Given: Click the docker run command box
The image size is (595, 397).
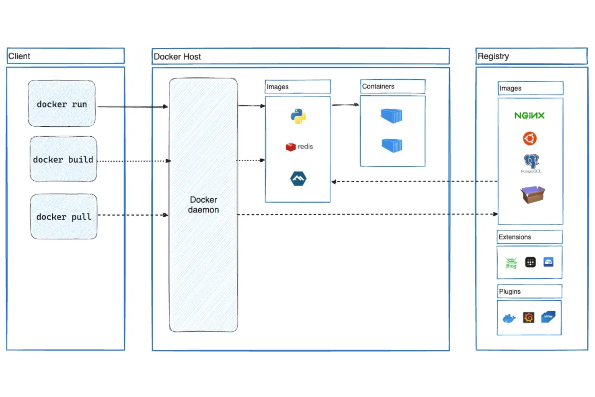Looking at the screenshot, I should coord(62,104).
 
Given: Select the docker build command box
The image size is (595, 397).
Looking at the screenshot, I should coord(63,159).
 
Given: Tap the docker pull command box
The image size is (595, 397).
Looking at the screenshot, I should coord(64,217).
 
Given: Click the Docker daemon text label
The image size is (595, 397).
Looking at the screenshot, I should coord(203,205).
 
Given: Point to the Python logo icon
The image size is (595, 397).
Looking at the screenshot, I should coord(298,117).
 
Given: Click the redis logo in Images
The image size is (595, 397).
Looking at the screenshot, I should coord(299,147).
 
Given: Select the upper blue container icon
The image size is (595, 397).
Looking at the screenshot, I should coord(392,116).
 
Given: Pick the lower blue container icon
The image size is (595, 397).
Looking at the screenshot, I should coord(392,145).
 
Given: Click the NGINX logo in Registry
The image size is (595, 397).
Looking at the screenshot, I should coord(529,116).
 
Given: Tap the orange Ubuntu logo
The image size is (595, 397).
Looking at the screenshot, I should coord(529,138).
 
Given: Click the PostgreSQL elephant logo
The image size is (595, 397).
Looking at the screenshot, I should coord(531,162).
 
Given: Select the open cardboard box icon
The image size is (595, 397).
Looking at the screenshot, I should coord(532,195).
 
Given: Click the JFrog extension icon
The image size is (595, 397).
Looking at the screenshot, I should coord(511,263).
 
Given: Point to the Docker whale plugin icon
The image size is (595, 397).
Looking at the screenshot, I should coord(509,319).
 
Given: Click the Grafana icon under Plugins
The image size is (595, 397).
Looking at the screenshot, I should coord(529,318).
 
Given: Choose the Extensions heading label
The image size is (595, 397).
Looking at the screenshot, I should coord(515,237).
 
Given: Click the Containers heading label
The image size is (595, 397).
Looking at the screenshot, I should coord(378,86).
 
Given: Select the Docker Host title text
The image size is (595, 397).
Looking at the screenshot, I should coord(177,57).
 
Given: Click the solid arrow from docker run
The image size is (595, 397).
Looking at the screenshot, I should coord(133,107).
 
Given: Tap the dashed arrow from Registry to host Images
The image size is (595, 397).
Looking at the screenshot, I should coord(414,181).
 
